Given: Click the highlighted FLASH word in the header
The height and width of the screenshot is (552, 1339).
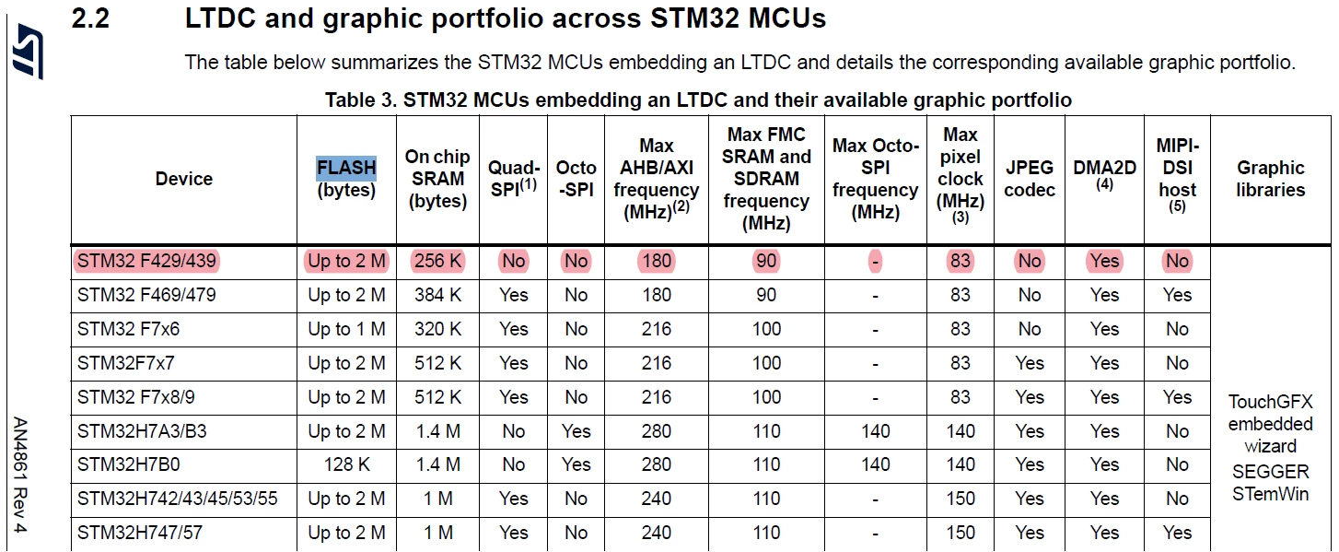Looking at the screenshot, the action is click(346, 168).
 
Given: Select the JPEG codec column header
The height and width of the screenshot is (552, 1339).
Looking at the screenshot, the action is click(1030, 178).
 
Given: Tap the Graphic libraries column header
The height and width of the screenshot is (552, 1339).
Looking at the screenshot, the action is click(1270, 178).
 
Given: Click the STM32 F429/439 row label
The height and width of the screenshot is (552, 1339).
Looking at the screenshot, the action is click(146, 261).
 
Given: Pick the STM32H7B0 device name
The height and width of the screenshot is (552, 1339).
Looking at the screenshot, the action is click(129, 464).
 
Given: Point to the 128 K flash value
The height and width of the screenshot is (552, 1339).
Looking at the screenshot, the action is click(346, 464).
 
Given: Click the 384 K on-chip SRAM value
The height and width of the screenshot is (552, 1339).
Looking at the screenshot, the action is click(437, 295).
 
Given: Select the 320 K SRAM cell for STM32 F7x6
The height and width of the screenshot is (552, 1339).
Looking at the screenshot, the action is click(437, 329).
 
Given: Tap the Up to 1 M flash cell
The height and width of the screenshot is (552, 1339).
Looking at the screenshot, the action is click(346, 329).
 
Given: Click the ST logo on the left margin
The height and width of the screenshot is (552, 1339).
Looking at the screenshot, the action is click(28, 52).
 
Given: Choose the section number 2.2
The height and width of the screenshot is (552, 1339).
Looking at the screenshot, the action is click(90, 18).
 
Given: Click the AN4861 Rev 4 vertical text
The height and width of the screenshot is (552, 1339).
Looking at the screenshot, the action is click(20, 475).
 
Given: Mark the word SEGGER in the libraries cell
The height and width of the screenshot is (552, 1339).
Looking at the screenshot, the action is click(1270, 471).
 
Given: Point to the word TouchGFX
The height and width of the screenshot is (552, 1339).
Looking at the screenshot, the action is click(1270, 401).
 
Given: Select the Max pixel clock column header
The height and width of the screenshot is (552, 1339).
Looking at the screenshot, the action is click(960, 174).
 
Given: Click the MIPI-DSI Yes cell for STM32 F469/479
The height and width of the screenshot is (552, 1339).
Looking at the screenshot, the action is click(1177, 295).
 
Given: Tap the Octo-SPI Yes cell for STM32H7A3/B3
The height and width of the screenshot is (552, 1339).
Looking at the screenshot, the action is click(576, 430).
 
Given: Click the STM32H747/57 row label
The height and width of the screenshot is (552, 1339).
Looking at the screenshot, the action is click(140, 533).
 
